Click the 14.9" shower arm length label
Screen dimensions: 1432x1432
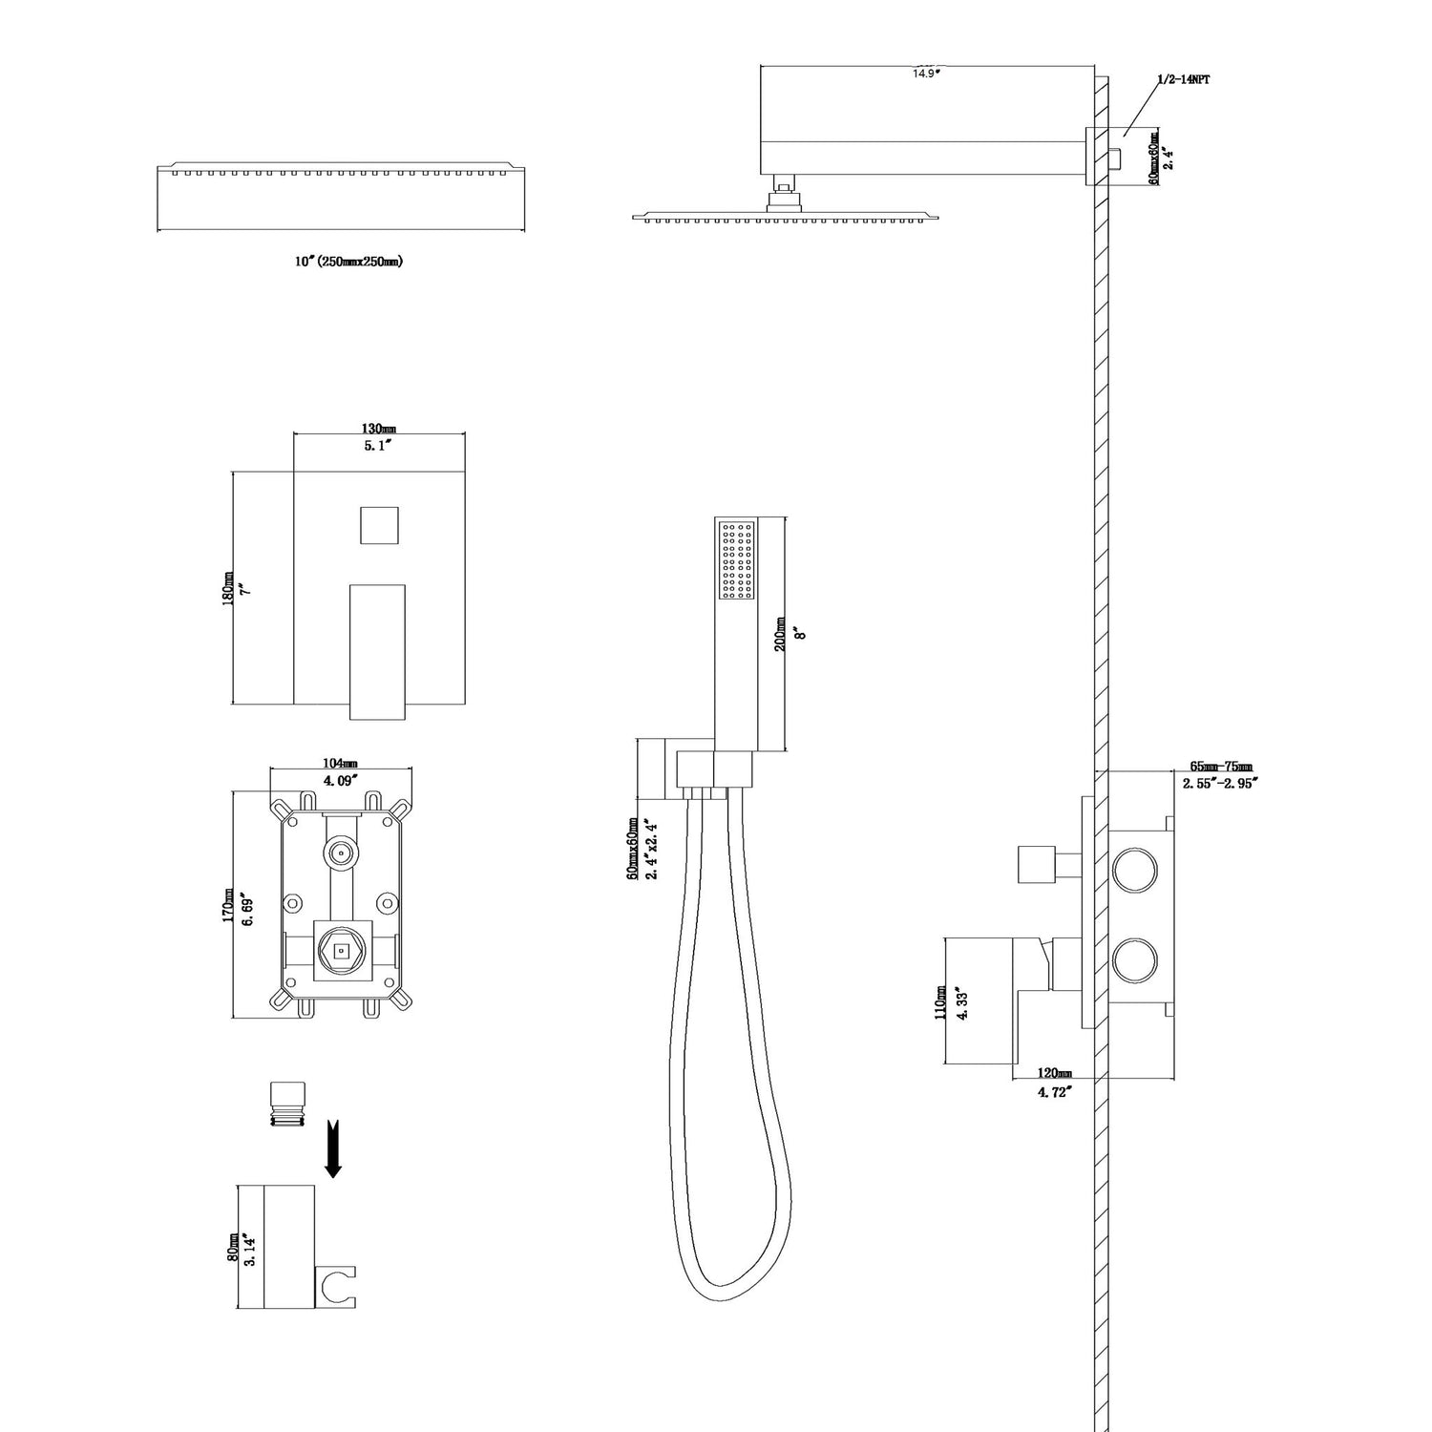pyautogui.click(x=927, y=73)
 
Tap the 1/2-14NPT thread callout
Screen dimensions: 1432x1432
pyautogui.click(x=1183, y=80)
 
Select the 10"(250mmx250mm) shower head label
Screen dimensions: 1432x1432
pyautogui.click(x=348, y=261)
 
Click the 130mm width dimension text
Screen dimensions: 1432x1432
pyautogui.click(x=372, y=428)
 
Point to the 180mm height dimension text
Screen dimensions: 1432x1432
pyautogui.click(x=227, y=589)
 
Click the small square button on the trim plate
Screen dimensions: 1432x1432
pyautogui.click(x=379, y=524)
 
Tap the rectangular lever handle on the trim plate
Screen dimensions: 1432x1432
pyautogui.click(x=379, y=651)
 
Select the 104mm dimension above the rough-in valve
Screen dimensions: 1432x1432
pyautogui.click(x=341, y=763)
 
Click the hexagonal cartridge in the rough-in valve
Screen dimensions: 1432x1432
pyautogui.click(x=340, y=949)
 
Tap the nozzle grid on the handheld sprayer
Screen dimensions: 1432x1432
pyautogui.click(x=736, y=562)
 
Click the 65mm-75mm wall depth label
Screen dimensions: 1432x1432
pyautogui.click(x=1221, y=767)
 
